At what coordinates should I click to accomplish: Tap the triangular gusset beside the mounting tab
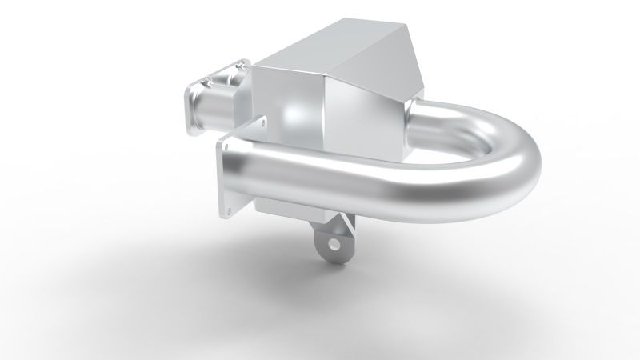coord(346,221)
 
